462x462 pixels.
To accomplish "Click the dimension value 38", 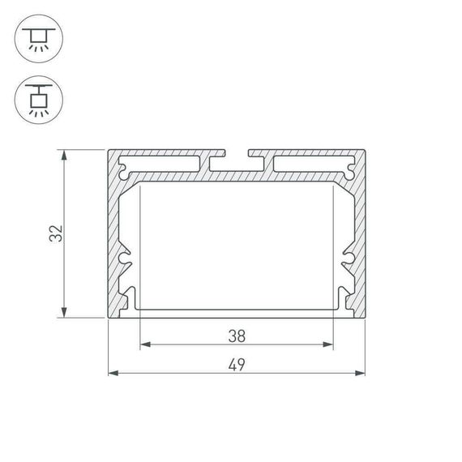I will pos(237,335).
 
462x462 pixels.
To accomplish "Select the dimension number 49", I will pos(237,364).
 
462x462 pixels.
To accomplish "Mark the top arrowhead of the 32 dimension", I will pos(64,154).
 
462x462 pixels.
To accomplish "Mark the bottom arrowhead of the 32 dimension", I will pos(64,314).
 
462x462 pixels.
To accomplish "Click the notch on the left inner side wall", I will pos(126,260).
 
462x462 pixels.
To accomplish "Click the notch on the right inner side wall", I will pos(347,260).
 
